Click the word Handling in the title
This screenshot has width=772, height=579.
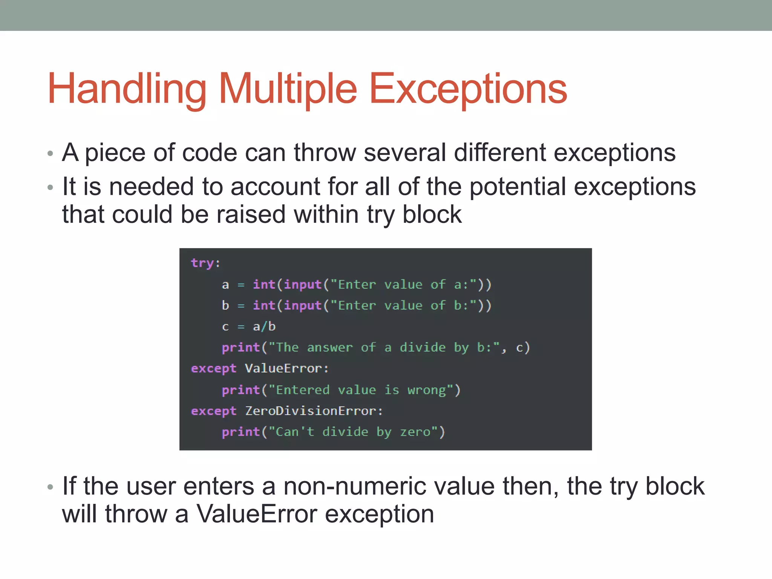(127, 89)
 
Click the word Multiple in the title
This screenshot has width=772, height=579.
(287, 89)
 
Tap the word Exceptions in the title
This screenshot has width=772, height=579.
(468, 89)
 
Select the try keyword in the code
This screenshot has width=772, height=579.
(202, 263)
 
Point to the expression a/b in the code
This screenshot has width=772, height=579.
(264, 326)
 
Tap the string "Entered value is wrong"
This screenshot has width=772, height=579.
(360, 390)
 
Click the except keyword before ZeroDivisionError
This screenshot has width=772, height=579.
(213, 411)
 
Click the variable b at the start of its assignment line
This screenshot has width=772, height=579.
(225, 305)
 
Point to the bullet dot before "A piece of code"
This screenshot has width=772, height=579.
(51, 154)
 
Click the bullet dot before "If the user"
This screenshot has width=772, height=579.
(51, 487)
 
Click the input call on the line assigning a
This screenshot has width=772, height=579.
(302, 284)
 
